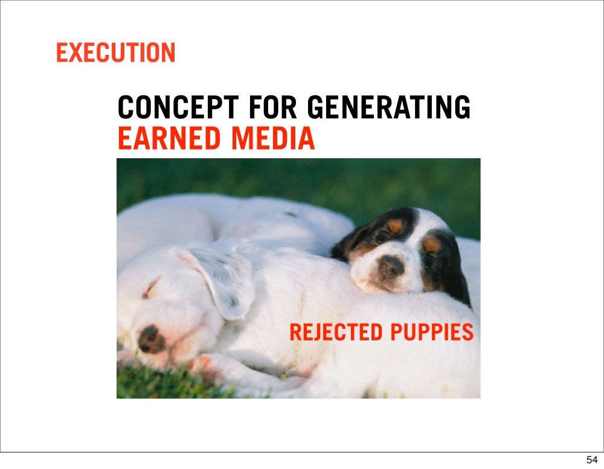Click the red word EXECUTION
[115, 53]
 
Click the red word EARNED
[169, 138]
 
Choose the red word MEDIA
[273, 138]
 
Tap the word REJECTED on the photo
[336, 332]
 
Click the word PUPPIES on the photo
[432, 332]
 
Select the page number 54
[592, 460]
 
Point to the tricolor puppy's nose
[391, 266]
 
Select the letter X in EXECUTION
[77, 53]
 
